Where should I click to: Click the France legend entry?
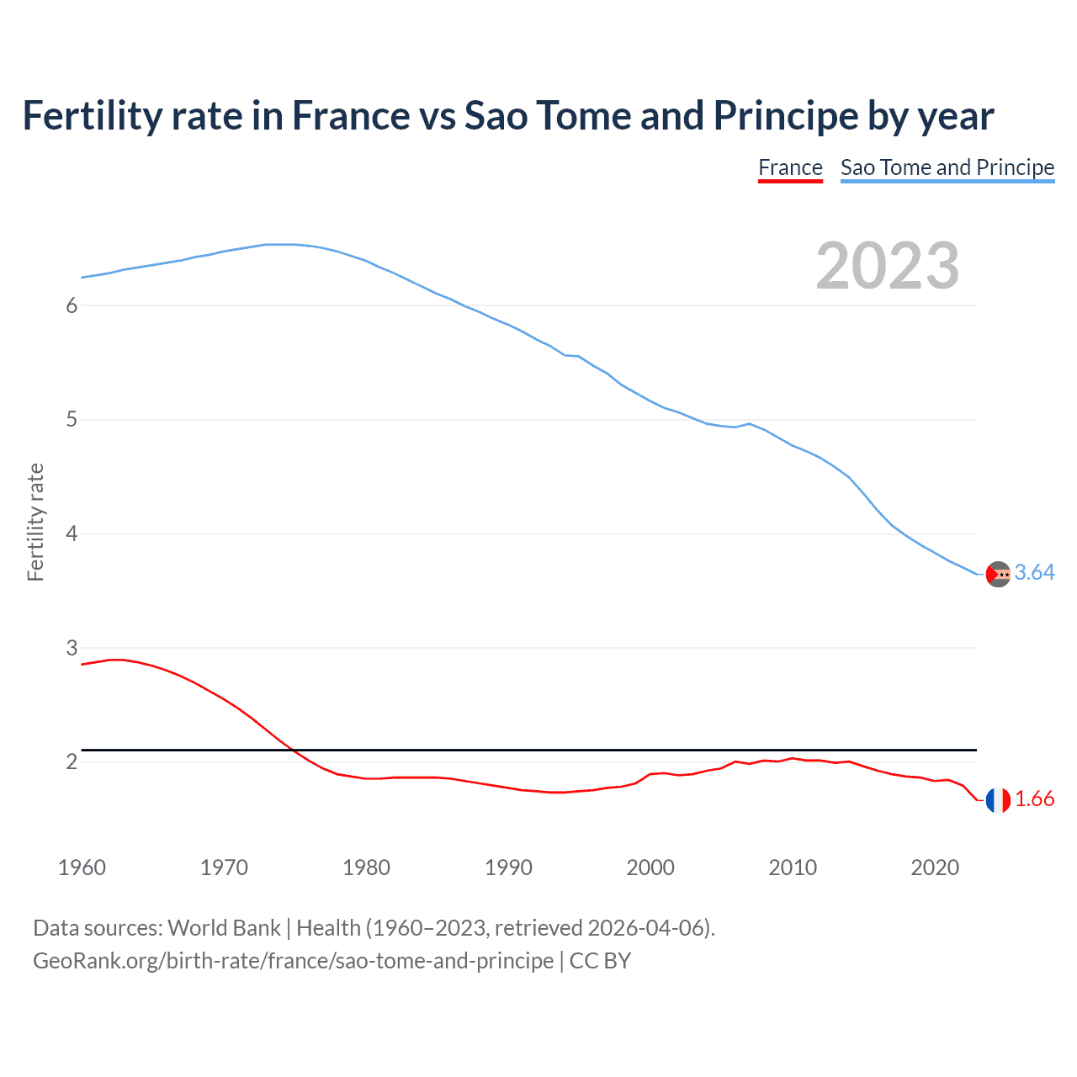point(790,167)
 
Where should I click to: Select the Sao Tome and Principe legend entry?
point(947,167)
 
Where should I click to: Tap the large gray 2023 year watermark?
point(887,266)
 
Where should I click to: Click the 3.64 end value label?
point(1034,572)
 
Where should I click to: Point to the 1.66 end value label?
point(1034,799)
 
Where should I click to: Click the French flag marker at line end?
point(998,800)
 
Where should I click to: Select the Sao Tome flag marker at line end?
point(998,574)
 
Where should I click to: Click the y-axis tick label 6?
point(72,305)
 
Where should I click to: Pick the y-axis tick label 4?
point(72,533)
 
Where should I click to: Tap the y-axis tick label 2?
point(72,761)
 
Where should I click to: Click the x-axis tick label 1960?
point(82,867)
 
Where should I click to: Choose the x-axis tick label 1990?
point(508,867)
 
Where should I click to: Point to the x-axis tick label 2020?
point(935,867)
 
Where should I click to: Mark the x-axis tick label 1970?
point(224,867)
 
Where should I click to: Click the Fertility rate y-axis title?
point(35,522)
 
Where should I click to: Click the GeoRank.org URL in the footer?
point(293,961)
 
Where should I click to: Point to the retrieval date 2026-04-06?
point(645,928)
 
